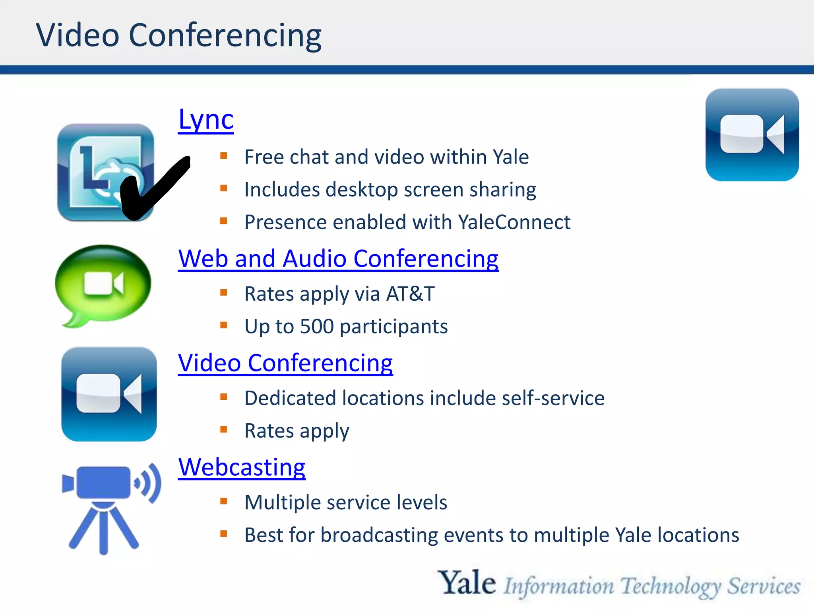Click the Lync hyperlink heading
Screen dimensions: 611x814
(206, 120)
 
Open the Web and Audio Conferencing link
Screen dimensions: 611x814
(338, 259)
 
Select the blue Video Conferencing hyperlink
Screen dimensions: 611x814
(285, 363)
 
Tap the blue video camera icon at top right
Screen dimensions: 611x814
(752, 135)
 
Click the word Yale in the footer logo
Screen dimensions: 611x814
(467, 583)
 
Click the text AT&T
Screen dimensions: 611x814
(411, 294)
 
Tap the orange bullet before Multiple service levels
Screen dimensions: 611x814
(224, 501)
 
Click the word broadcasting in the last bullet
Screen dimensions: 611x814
(379, 535)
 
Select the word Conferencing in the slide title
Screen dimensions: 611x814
(225, 36)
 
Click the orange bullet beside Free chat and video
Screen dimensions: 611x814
(224, 156)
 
